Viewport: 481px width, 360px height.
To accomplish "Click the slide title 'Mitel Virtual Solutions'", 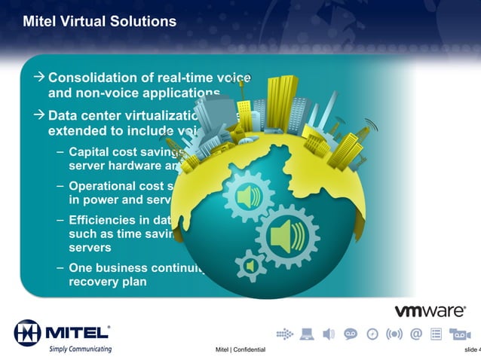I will pos(100,22).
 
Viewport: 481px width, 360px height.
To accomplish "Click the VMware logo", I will pos(430,311).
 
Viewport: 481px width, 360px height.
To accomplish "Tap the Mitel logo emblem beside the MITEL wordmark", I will pos(27,332).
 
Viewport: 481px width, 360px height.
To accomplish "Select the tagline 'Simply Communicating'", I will pos(80,349).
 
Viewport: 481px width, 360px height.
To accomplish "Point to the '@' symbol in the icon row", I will pos(415,334).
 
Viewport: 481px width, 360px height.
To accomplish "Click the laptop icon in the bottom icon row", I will pos(307,334).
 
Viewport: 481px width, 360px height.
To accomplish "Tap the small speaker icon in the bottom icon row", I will pos(329,334).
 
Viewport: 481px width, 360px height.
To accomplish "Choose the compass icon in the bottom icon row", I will pos(372,334).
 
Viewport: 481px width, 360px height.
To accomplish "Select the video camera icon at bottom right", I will pos(460,334).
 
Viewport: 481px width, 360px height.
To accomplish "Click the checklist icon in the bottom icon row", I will pos(437,334).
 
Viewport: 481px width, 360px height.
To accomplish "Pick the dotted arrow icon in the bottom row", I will pos(285,334).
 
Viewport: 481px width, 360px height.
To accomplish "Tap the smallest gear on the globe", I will pos(250,265).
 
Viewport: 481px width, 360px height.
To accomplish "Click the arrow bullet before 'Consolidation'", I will pos(39,78).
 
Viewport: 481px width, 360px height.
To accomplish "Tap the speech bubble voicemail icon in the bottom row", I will pos(351,334).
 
